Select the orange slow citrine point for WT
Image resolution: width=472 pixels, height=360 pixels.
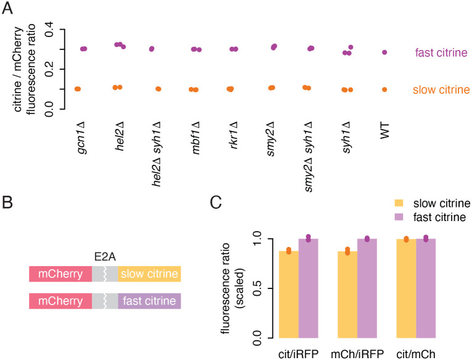pos(384,90)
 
